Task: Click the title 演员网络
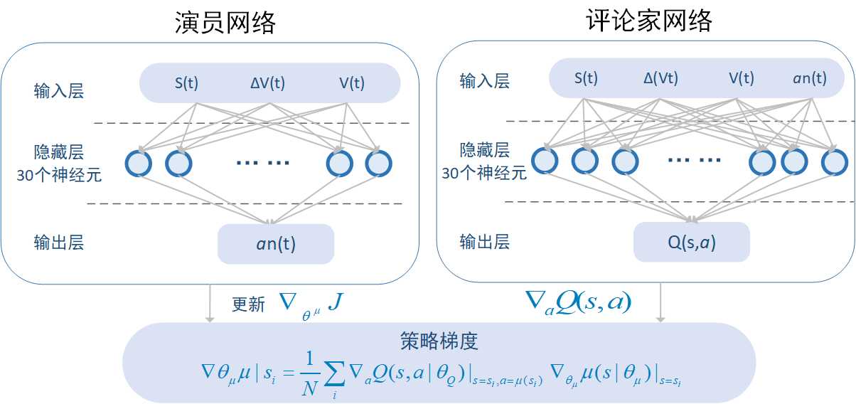click(225, 23)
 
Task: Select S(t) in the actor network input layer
click(186, 83)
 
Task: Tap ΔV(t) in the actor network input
click(267, 83)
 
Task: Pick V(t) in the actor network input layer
click(352, 83)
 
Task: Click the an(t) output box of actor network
click(276, 244)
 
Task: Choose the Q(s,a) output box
click(691, 243)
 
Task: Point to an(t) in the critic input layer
click(810, 79)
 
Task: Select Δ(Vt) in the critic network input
click(661, 79)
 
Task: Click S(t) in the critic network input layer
click(586, 79)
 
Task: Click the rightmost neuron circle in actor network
click(378, 163)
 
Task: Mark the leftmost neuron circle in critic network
click(544, 161)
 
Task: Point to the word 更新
click(249, 304)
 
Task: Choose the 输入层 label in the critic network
click(485, 81)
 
